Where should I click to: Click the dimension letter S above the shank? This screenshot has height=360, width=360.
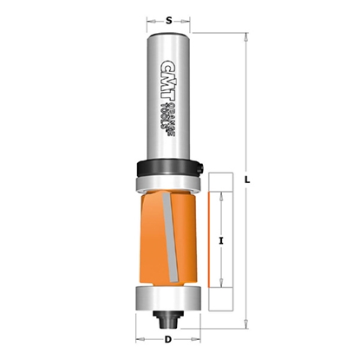167,15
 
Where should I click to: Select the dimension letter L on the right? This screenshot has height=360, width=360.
249,180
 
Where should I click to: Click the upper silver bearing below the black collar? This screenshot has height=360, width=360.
167,181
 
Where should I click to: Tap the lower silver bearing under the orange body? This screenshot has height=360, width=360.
168,297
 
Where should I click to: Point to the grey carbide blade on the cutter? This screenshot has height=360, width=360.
160,234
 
